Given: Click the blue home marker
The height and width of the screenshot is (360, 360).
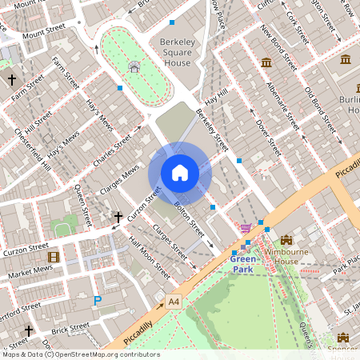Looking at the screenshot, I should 180,173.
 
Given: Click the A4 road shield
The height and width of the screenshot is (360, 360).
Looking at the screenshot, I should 173,301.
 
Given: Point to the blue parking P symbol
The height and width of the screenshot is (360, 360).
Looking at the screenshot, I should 98,301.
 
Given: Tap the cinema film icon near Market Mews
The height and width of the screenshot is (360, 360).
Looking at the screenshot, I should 54,257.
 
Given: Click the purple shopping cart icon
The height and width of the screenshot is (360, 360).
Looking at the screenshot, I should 246,229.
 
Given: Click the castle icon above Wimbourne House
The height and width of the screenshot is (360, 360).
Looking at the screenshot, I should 286,240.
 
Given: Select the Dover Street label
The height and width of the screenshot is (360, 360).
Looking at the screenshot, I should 262,136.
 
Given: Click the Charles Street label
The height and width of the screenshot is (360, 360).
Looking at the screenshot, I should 111,149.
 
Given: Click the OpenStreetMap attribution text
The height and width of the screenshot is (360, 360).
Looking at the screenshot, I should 80,354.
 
